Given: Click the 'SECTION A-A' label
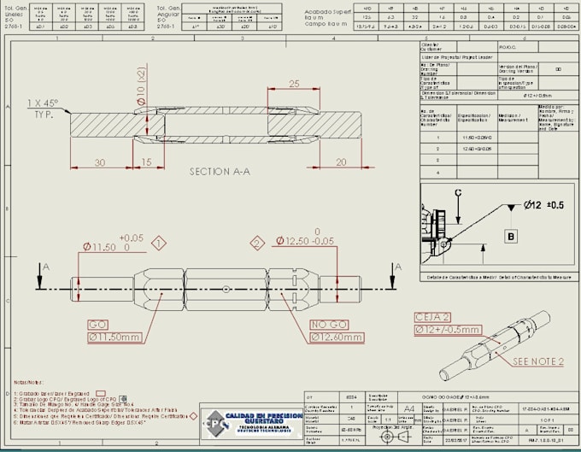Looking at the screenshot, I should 219,171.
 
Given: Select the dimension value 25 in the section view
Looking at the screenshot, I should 293,84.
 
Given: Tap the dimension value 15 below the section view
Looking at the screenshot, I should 146,162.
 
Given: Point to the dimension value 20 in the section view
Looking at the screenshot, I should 341,162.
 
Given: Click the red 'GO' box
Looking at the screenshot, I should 97,325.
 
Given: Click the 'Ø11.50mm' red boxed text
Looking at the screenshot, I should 114,338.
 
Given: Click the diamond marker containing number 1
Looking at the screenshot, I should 159,244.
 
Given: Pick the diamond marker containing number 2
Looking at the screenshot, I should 255,244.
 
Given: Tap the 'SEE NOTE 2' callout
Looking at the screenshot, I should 537,361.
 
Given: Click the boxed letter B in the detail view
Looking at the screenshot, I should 511,235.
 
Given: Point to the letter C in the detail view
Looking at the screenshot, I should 458,192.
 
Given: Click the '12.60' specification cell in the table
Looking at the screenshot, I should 479,148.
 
